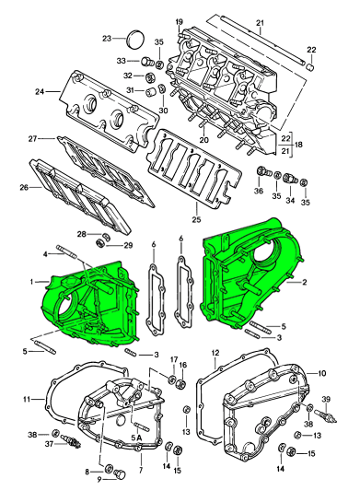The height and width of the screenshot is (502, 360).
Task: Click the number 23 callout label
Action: point(107,39)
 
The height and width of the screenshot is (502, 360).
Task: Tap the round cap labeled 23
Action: point(135,39)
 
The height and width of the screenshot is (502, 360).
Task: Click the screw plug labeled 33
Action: point(145,61)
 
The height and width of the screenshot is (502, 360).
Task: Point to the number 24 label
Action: point(40,92)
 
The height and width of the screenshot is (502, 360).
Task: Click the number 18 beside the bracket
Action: point(298,145)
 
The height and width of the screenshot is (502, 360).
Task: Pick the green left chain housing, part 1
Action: point(89,307)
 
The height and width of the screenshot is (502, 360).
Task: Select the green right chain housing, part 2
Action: point(250,274)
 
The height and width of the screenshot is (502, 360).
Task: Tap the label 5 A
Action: point(136,438)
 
